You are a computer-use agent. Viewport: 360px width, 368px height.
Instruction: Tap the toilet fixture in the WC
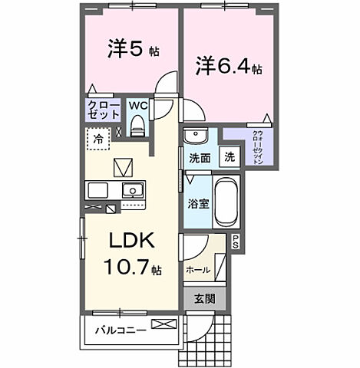click(139, 126)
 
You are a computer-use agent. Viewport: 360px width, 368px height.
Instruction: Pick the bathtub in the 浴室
click(226, 201)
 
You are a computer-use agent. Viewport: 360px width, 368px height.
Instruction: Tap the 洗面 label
click(200, 158)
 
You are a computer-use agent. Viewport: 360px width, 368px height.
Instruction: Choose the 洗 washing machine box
click(230, 157)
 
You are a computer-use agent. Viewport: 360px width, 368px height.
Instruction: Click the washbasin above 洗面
click(193, 137)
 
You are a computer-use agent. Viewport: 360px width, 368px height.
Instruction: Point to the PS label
click(235, 242)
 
